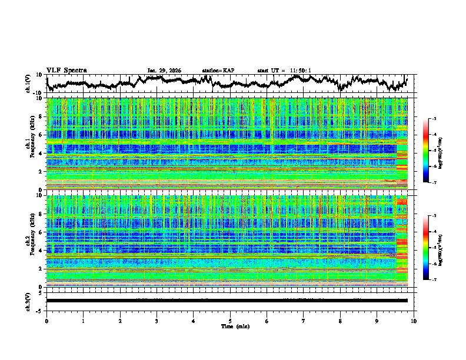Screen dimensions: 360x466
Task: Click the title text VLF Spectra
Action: (66, 70)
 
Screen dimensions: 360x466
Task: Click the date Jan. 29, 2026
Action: (164, 71)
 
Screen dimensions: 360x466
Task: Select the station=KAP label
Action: (218, 71)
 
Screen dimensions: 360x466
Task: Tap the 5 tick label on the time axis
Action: (230, 321)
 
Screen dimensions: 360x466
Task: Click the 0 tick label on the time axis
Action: (46, 321)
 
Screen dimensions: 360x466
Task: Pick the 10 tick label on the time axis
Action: (414, 321)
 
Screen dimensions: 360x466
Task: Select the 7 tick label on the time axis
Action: (304, 321)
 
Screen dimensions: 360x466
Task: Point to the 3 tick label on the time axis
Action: (157, 321)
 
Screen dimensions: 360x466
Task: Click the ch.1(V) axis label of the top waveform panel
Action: (28, 84)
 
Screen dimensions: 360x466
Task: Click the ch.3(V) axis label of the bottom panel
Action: (28, 301)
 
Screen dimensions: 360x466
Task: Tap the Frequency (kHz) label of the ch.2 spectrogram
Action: (32, 241)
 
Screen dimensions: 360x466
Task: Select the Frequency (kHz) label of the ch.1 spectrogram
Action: (32, 144)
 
